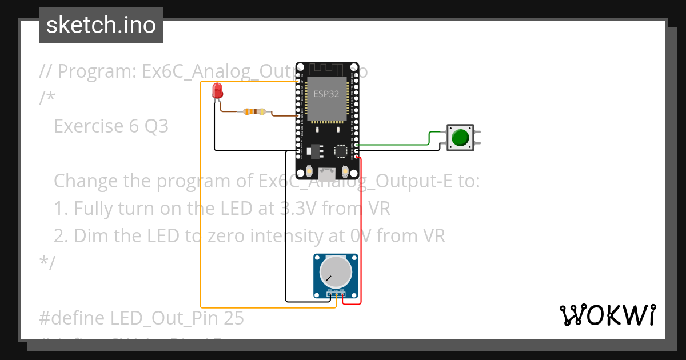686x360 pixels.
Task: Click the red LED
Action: click(x=217, y=90)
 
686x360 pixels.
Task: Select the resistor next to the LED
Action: click(x=254, y=111)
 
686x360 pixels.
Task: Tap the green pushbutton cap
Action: click(x=460, y=138)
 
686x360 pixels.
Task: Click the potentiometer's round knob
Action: click(x=336, y=272)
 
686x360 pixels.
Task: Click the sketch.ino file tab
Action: click(x=101, y=25)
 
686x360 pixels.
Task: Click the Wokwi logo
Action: click(x=607, y=315)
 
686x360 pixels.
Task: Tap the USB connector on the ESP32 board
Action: click(x=327, y=171)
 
